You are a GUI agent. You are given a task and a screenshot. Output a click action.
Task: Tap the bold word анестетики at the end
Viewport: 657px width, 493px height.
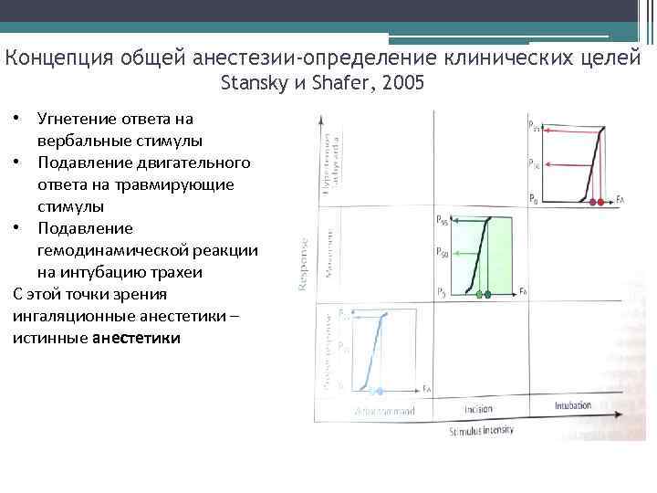tap(137, 338)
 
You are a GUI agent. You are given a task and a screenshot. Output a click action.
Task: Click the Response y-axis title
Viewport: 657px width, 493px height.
tap(303, 265)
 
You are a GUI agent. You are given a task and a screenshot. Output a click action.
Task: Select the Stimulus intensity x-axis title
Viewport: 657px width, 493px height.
tap(482, 428)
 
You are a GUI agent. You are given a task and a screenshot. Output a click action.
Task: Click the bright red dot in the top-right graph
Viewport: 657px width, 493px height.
tap(600, 201)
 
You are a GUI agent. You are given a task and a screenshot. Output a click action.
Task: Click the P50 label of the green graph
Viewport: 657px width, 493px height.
tap(442, 251)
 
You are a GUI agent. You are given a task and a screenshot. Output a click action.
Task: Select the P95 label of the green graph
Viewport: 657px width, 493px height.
tap(442, 220)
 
